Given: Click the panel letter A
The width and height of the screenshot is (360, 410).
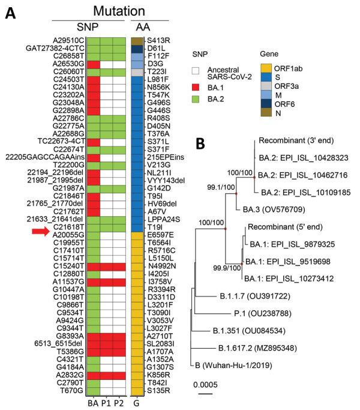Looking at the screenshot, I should (x=11, y=12).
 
